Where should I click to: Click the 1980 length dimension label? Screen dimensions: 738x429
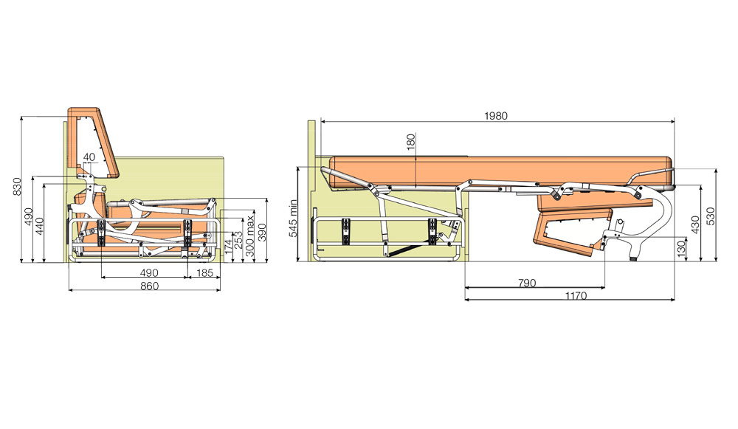(x=496, y=116)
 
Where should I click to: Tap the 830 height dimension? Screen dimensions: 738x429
(x=18, y=187)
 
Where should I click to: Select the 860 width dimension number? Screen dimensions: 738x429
(x=150, y=286)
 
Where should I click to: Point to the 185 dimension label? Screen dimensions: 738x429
(x=204, y=272)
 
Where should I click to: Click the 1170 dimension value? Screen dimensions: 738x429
(x=576, y=296)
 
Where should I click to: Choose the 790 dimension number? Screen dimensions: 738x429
(x=527, y=283)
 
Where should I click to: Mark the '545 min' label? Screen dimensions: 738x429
(x=294, y=218)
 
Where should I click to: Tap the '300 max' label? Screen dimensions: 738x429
(x=250, y=236)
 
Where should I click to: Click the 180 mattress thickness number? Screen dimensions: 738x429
(x=411, y=143)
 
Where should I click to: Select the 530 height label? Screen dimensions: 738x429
(x=711, y=216)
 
